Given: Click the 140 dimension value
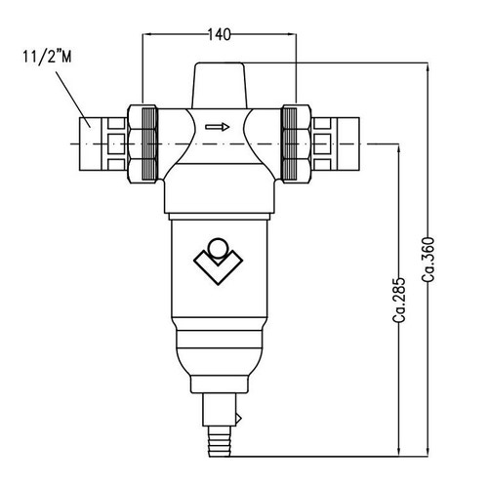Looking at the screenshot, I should tap(220, 35).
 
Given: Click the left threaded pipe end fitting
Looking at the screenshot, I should tap(93, 141).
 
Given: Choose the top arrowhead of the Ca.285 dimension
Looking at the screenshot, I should tap(399, 150).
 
